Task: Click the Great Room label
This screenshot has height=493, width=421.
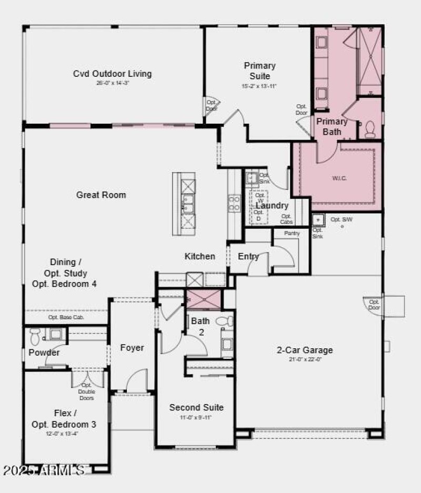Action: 101,195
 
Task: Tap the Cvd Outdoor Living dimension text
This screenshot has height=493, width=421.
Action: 112,83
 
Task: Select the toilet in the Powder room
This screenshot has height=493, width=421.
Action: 35,336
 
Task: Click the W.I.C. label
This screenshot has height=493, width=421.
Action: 339,178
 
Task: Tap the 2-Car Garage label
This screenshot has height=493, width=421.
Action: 305,350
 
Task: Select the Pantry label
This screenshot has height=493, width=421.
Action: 292,233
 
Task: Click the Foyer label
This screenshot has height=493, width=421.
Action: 132,348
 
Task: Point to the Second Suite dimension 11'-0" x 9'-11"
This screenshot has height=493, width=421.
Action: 196,417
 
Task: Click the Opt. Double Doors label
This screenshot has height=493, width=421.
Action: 86,391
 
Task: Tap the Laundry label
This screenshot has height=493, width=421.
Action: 272,206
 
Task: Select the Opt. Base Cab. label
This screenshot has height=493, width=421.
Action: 66,318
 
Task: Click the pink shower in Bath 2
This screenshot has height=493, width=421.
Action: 204,299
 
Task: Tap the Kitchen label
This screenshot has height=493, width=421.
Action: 199,256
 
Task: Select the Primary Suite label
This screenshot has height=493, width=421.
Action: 259,71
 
